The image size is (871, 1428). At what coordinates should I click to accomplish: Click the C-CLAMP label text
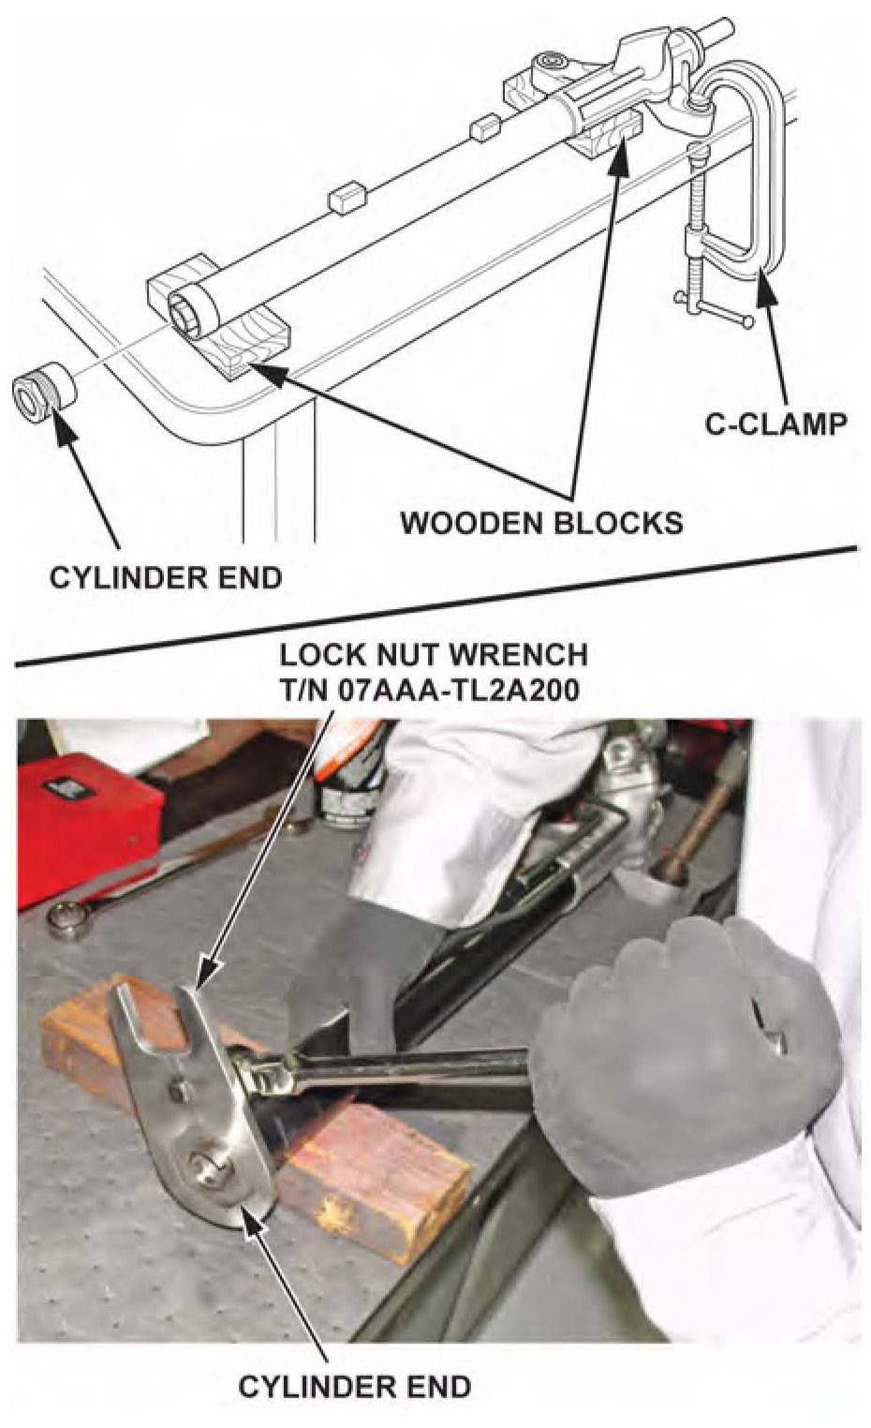click(776, 424)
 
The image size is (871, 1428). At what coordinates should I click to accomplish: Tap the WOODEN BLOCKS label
click(541, 522)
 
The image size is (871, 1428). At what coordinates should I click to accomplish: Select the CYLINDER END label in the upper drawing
click(166, 577)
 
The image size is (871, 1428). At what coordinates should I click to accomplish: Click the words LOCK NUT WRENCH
click(434, 655)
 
